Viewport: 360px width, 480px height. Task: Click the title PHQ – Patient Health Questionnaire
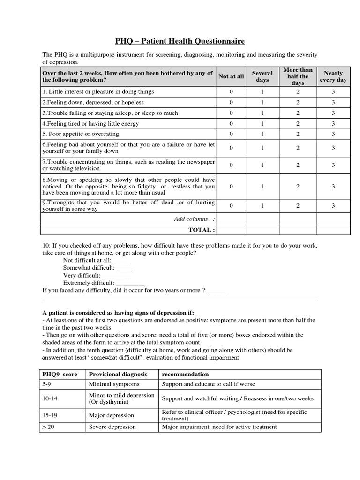click(180, 41)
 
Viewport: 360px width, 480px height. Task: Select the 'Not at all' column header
click(231, 76)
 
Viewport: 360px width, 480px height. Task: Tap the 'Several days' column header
click(262, 76)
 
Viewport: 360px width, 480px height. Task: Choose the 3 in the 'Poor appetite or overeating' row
click(333, 134)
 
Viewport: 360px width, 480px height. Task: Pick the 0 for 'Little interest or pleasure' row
click(231, 92)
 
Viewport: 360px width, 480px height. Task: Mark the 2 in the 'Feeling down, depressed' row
click(298, 102)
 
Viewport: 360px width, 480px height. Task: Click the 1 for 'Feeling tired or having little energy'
click(262, 124)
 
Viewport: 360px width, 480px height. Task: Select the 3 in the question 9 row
click(333, 206)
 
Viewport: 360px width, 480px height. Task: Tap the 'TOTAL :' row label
click(202, 230)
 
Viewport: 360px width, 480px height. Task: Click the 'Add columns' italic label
click(194, 219)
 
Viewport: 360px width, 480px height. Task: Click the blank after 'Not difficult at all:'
click(121, 261)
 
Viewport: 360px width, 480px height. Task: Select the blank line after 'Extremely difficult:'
click(130, 283)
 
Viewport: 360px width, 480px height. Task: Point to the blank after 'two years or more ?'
click(216, 291)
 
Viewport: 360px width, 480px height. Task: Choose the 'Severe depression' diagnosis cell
click(112, 427)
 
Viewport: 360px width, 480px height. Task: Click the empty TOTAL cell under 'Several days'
click(262, 230)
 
